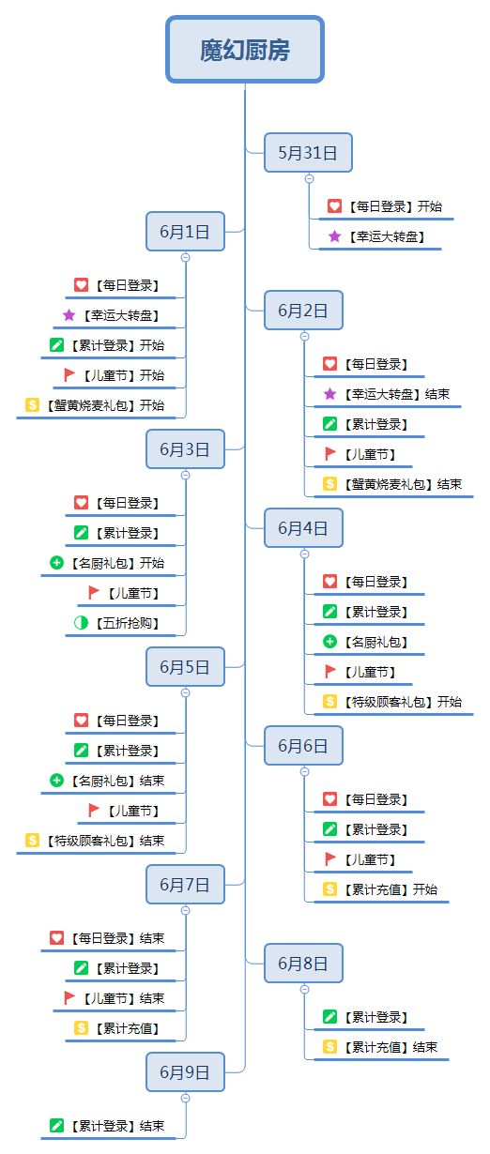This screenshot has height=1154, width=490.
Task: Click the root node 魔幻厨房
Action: [x=245, y=50]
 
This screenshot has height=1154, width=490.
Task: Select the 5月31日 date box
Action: [x=308, y=153]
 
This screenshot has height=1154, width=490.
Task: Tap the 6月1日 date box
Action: [x=185, y=232]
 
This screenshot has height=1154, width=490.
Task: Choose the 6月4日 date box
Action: [x=303, y=528]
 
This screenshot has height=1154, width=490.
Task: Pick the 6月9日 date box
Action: [x=185, y=1072]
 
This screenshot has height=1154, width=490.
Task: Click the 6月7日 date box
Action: [x=185, y=885]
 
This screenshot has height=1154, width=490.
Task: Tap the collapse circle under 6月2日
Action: [x=304, y=337]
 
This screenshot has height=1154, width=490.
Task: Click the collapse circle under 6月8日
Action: [x=304, y=989]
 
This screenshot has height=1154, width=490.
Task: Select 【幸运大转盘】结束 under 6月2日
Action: [x=397, y=394]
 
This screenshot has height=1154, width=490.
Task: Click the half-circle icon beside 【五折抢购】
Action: [x=81, y=623]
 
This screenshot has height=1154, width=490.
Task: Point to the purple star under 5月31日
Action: [x=334, y=236]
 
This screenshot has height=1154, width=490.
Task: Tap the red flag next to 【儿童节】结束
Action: [x=69, y=997]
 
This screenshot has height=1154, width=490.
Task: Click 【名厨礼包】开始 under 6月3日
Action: [x=118, y=563]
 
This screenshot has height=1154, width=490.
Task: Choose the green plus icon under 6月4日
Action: [x=329, y=642]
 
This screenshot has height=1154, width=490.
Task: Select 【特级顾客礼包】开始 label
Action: [x=403, y=702]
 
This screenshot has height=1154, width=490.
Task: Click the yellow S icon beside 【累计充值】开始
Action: [x=329, y=888]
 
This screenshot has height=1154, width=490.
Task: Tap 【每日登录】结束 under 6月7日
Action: [x=118, y=937]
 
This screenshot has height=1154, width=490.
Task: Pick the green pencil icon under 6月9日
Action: [x=56, y=1125]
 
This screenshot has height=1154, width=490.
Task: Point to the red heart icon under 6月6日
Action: [x=329, y=799]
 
